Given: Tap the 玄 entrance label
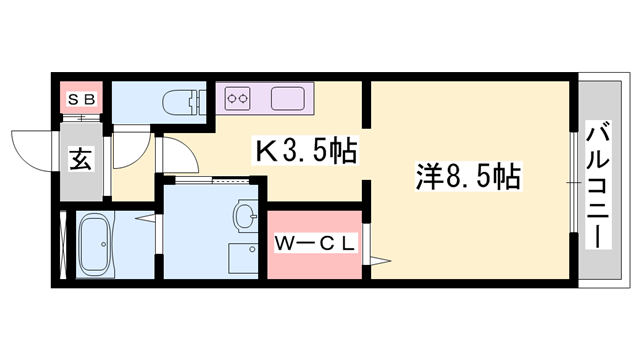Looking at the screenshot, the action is click(x=82, y=158).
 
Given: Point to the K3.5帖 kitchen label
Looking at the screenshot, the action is click(x=306, y=151).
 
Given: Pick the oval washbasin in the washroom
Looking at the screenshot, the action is click(x=245, y=213).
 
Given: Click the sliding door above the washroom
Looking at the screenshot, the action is click(x=210, y=180).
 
